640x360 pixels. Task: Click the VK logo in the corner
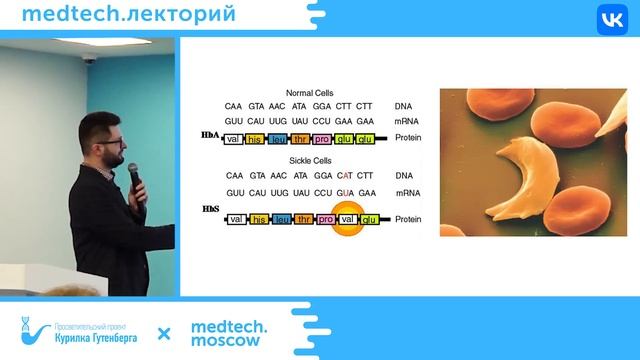[x=610, y=21]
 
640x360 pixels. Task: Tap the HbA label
[x=210, y=134]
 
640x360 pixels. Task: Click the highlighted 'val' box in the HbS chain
[x=347, y=218]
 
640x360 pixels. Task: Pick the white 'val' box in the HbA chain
[x=234, y=138]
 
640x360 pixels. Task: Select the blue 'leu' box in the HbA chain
[x=279, y=138]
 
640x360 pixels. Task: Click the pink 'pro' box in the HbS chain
[x=325, y=218]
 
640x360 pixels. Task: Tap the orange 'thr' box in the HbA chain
[x=302, y=138]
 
